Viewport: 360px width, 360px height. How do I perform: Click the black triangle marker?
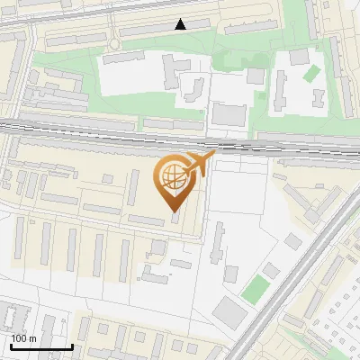click(182, 25)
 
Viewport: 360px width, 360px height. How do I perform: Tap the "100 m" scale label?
click(23, 338)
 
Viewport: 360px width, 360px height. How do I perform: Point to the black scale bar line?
click(40, 346)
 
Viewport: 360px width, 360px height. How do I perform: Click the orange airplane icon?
click(200, 165)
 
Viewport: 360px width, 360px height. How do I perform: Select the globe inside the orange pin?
click(172, 179)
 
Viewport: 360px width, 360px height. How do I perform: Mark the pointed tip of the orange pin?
click(173, 212)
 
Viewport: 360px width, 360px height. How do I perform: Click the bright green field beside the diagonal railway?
click(256, 289)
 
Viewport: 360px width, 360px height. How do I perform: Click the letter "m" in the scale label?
click(32, 338)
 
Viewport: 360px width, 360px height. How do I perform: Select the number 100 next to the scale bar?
click(19, 338)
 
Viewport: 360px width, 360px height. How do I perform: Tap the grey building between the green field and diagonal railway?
click(271, 269)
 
